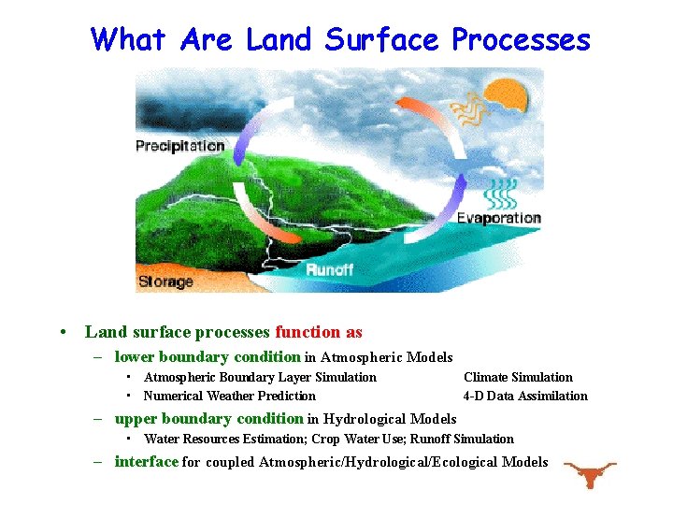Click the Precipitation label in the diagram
click(180, 146)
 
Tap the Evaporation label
click(498, 218)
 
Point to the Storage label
click(165, 281)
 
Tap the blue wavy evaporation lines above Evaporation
click(501, 193)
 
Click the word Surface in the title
click(382, 39)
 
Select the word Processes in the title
click(521, 39)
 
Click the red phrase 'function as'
click(319, 332)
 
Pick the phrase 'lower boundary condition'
click(208, 356)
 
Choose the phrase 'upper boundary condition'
click(208, 419)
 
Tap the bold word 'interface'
click(146, 461)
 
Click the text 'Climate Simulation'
click(518, 377)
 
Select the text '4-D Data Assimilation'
click(525, 396)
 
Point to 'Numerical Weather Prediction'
click(229, 396)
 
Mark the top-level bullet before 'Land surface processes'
click(62, 333)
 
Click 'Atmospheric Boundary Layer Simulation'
click(260, 377)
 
